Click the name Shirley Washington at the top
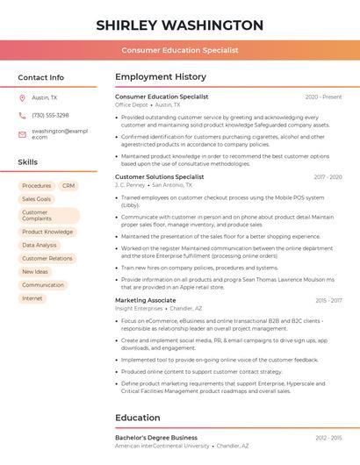pyautogui.click(x=180, y=25)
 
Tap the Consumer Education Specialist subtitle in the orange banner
pyautogui.click(x=180, y=50)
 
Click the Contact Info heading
pyautogui.click(x=41, y=77)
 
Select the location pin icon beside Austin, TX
pyautogui.click(x=22, y=97)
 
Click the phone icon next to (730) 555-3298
pyautogui.click(x=22, y=115)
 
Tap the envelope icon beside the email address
pyautogui.click(x=22, y=133)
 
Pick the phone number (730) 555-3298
pyautogui.click(x=50, y=115)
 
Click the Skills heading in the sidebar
pyautogui.click(x=28, y=162)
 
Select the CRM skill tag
pyautogui.click(x=68, y=186)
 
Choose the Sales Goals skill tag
pyautogui.click(x=37, y=199)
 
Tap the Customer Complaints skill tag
pyautogui.click(x=48, y=216)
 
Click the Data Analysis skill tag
pyautogui.click(x=40, y=246)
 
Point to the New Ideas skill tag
pyautogui.click(x=35, y=272)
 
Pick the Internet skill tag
pyautogui.click(x=32, y=298)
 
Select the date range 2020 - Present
pyautogui.click(x=323, y=97)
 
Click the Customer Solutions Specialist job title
pyautogui.click(x=159, y=176)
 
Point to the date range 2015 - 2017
pyautogui.click(x=328, y=300)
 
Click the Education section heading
pyautogui.click(x=137, y=418)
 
